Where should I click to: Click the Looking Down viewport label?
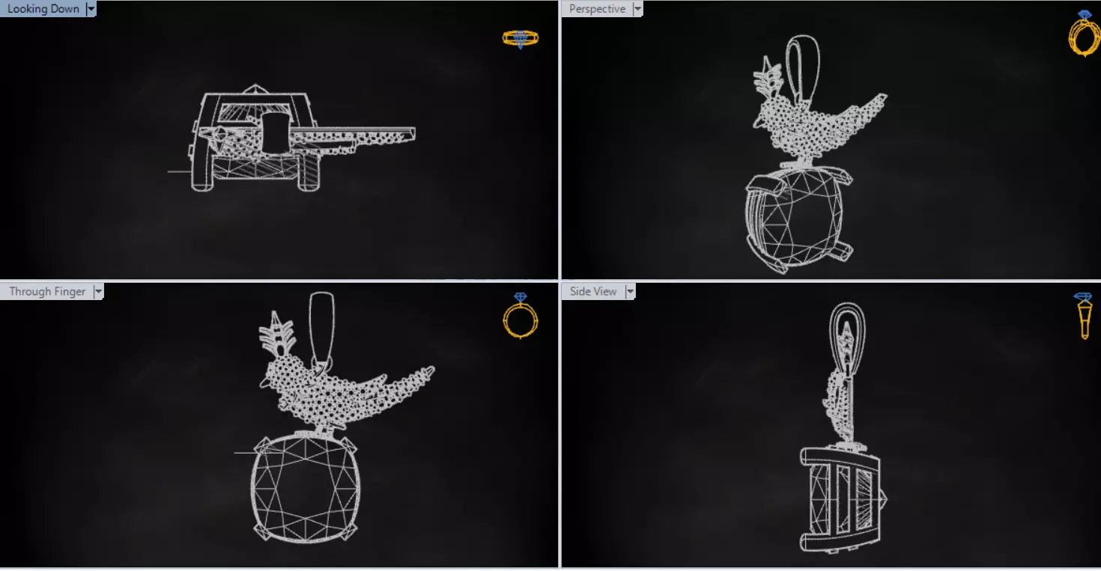point(43,9)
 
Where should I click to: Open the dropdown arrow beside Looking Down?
point(91,9)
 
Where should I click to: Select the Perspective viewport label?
point(597,9)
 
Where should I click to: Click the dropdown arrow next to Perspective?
point(637,9)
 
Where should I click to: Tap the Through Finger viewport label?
point(47,292)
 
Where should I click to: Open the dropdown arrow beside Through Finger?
point(98,292)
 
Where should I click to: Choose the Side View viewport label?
point(592,292)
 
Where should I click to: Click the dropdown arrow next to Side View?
point(630,292)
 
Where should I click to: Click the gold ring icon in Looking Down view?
point(521,38)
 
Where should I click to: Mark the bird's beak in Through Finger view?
point(264,382)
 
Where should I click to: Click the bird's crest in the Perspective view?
point(768,77)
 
